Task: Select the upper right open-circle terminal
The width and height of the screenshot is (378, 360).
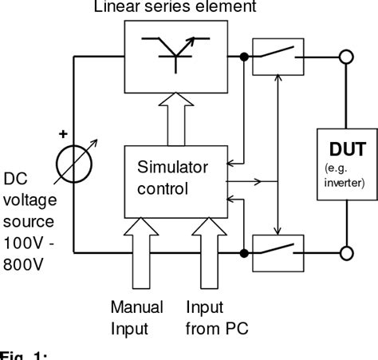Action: (345, 57)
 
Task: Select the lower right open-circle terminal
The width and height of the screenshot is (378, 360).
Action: (345, 254)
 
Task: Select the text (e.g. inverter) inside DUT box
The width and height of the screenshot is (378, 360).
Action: (345, 176)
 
